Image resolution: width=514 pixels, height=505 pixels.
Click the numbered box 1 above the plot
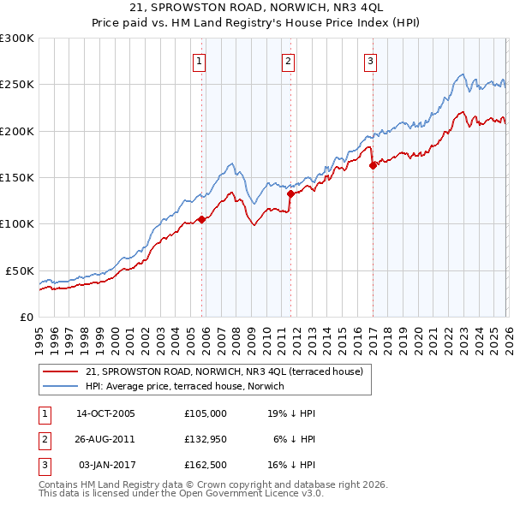(x=200, y=61)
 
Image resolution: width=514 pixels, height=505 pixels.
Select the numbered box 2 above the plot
(x=288, y=61)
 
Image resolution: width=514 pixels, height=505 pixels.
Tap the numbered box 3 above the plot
(x=370, y=61)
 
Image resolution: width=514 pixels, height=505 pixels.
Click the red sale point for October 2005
(x=202, y=219)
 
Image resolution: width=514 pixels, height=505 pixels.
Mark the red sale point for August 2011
(x=290, y=193)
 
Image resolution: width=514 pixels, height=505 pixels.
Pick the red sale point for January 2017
(x=373, y=166)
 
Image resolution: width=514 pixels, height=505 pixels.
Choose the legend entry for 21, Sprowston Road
(x=224, y=371)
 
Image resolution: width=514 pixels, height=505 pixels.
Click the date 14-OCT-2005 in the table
(x=105, y=413)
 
